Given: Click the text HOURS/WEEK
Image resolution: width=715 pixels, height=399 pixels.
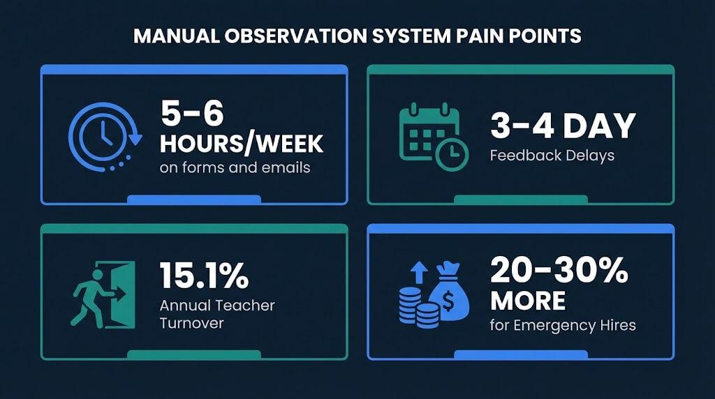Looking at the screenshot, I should [x=242, y=143].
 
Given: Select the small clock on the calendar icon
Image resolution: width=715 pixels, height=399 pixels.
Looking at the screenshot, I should [x=451, y=153].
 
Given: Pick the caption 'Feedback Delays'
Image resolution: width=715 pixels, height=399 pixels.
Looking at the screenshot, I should [x=552, y=155].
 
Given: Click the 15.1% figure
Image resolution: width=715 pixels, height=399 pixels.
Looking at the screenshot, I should [x=204, y=276].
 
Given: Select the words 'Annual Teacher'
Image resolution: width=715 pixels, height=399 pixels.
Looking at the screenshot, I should [x=217, y=306].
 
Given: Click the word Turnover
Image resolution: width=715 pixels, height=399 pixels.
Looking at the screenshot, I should [x=191, y=324].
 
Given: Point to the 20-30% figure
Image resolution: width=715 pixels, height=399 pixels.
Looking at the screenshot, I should [x=559, y=271].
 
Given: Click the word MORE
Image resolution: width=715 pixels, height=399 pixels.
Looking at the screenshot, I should [x=527, y=301].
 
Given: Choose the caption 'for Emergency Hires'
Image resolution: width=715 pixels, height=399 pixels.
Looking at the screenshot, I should [x=563, y=325].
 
